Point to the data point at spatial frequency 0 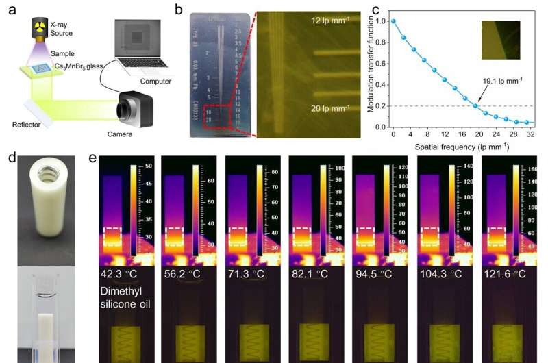point(393,21)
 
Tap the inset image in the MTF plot point(497,39)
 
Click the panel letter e point(95,158)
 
